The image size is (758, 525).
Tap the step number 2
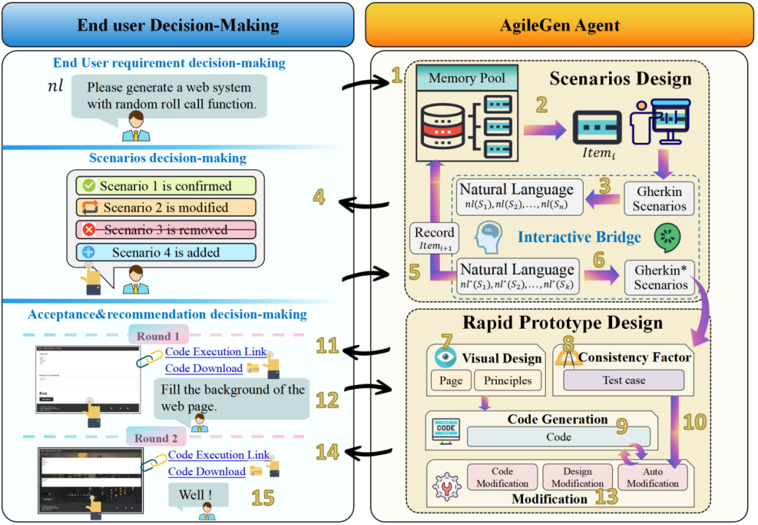coord(541,105)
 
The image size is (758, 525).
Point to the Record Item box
coord(434,238)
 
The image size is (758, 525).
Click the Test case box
coord(623,380)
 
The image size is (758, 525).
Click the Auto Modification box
coord(652,478)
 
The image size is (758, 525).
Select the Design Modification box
coord(577,478)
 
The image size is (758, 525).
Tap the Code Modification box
coord(502,478)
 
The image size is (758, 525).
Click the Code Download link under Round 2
coord(206,471)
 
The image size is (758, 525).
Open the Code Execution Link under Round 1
coord(215,352)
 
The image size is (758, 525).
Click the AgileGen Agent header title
coord(560,26)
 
